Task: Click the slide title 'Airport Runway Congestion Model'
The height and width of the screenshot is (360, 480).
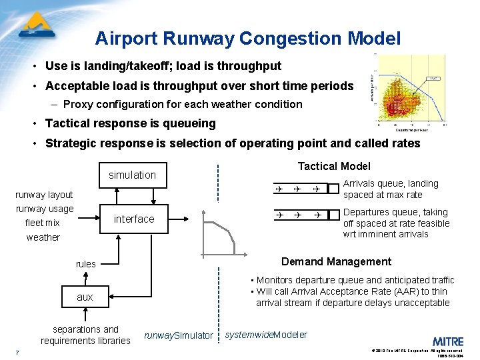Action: pyautogui.click(x=247, y=38)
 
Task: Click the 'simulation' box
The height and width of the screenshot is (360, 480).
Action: pyautogui.click(x=132, y=175)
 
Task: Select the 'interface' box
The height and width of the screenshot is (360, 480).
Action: pyautogui.click(x=133, y=219)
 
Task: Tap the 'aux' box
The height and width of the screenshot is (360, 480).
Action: pyautogui.click(x=85, y=297)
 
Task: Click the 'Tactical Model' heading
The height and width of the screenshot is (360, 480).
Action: pyautogui.click(x=333, y=166)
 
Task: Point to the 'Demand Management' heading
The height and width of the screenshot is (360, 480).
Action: pyautogui.click(x=336, y=261)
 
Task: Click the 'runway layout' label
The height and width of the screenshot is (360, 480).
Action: pyautogui.click(x=44, y=195)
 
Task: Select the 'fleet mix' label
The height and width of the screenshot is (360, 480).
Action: pyautogui.click(x=42, y=223)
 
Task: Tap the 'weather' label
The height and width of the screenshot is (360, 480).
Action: pyautogui.click(x=43, y=237)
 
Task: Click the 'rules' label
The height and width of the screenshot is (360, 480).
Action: pyautogui.click(x=85, y=264)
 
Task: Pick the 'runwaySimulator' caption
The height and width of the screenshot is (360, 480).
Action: pyautogui.click(x=179, y=335)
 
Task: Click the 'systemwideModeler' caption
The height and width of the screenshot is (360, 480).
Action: pyautogui.click(x=266, y=335)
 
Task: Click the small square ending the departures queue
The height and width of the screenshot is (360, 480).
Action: pyautogui.click(x=333, y=215)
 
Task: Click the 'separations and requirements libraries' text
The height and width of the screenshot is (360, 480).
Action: pyautogui.click(x=85, y=335)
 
